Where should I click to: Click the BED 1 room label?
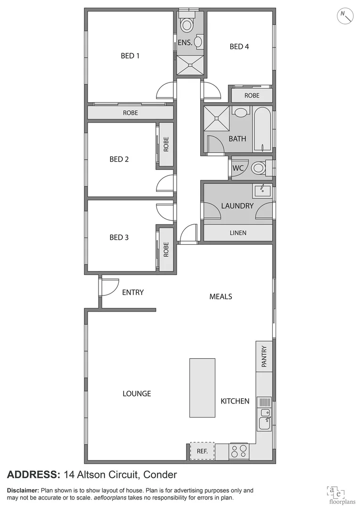pyautogui.click(x=130, y=56)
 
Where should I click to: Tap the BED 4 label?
pyautogui.click(x=239, y=46)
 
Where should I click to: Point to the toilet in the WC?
pyautogui.click(x=258, y=167)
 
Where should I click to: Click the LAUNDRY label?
pyautogui.click(x=237, y=205)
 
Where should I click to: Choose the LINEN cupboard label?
pyautogui.click(x=237, y=233)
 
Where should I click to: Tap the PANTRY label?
pyautogui.click(x=264, y=357)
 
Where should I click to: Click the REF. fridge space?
pyautogui.click(x=202, y=451)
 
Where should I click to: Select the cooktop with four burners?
pyautogui.click(x=239, y=451)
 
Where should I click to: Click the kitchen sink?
pyautogui.click(x=264, y=419)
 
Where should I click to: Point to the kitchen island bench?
pyautogui.click(x=202, y=387)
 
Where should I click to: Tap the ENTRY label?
pyautogui.click(x=132, y=292)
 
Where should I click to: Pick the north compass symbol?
pyautogui.click(x=346, y=16)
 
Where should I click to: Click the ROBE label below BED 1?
pyautogui.click(x=131, y=113)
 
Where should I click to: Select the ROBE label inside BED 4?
pyautogui.click(x=252, y=95)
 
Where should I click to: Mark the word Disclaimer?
pyautogui.click(x=23, y=491)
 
